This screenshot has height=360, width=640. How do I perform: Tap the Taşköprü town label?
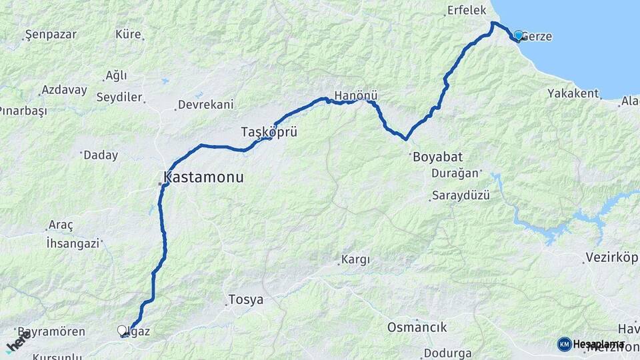pos(269,132)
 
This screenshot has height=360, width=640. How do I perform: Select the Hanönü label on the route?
pos(357,96)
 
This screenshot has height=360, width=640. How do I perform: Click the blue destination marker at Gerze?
pos(518,35)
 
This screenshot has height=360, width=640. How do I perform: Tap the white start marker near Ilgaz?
pos(122,330)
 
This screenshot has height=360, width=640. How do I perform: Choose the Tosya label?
pos(245,300)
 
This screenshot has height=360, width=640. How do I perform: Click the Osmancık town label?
pos(417,327)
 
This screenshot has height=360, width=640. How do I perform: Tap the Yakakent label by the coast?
pos(573,93)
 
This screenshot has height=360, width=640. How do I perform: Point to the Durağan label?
pos(456,173)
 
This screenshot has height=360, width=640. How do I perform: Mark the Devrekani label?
pos(205,105)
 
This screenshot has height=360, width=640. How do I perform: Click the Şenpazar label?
pos(51,34)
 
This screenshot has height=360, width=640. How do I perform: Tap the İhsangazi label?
pos(73,243)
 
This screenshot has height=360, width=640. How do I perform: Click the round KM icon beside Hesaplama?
pos(564,344)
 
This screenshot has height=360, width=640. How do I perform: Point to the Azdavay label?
pos(64,89)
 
